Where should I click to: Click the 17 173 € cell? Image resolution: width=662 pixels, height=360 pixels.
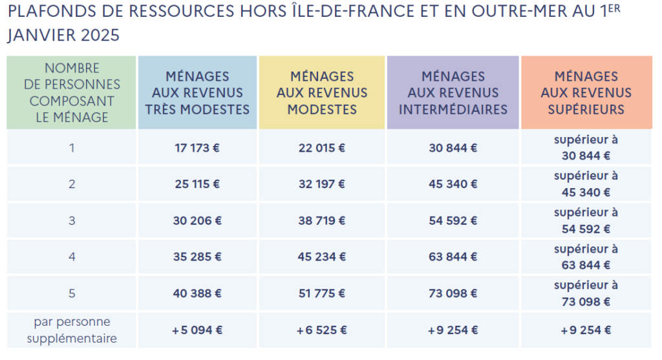click(197, 147)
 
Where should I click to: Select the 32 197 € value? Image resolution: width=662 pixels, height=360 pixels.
click(322, 184)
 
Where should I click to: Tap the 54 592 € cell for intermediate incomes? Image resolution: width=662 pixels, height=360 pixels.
click(453, 220)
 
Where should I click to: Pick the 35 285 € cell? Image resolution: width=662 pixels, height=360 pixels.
click(197, 257)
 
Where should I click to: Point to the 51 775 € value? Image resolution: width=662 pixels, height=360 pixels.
click(322, 293)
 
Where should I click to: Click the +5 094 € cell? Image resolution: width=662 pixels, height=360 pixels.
click(197, 330)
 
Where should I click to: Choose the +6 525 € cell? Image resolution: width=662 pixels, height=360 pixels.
click(322, 330)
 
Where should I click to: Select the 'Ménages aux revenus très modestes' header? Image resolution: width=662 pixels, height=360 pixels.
click(197, 92)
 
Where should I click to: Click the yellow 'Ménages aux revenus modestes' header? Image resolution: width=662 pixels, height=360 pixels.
click(322, 92)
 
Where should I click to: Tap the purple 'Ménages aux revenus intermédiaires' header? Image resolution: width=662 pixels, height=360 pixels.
click(453, 92)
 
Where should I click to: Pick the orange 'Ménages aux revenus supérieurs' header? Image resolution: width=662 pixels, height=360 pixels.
click(586, 92)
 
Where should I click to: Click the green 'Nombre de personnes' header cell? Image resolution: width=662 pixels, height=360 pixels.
click(72, 92)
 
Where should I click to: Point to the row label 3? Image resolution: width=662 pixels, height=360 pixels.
click(72, 220)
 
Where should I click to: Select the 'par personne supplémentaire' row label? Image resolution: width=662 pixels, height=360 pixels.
click(72, 330)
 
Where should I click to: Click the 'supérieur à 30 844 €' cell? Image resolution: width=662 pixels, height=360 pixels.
click(586, 147)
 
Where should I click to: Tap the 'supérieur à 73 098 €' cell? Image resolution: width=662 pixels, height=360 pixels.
click(586, 293)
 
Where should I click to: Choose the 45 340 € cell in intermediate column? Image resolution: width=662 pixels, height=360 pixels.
click(453, 184)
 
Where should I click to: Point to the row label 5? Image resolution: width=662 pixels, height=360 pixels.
click(72, 293)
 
